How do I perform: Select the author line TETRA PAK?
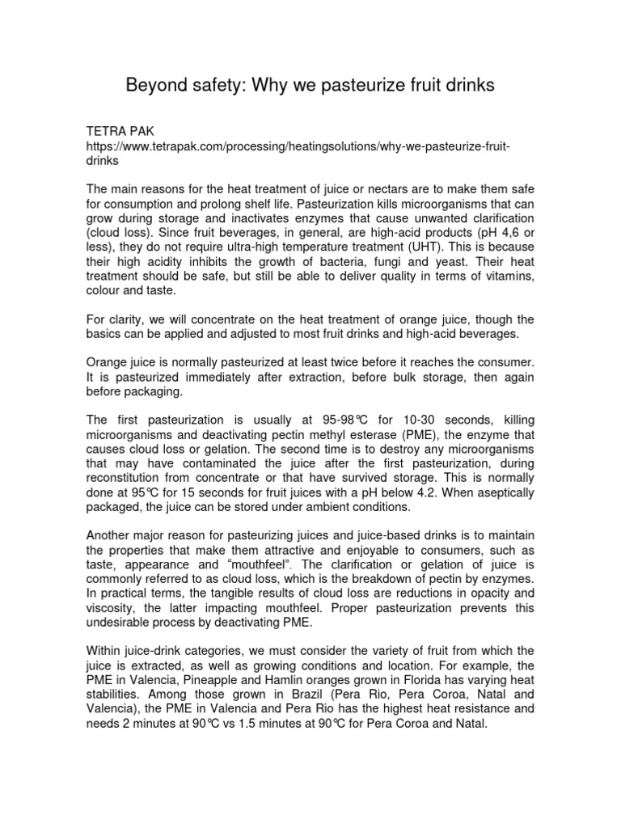(x=121, y=129)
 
